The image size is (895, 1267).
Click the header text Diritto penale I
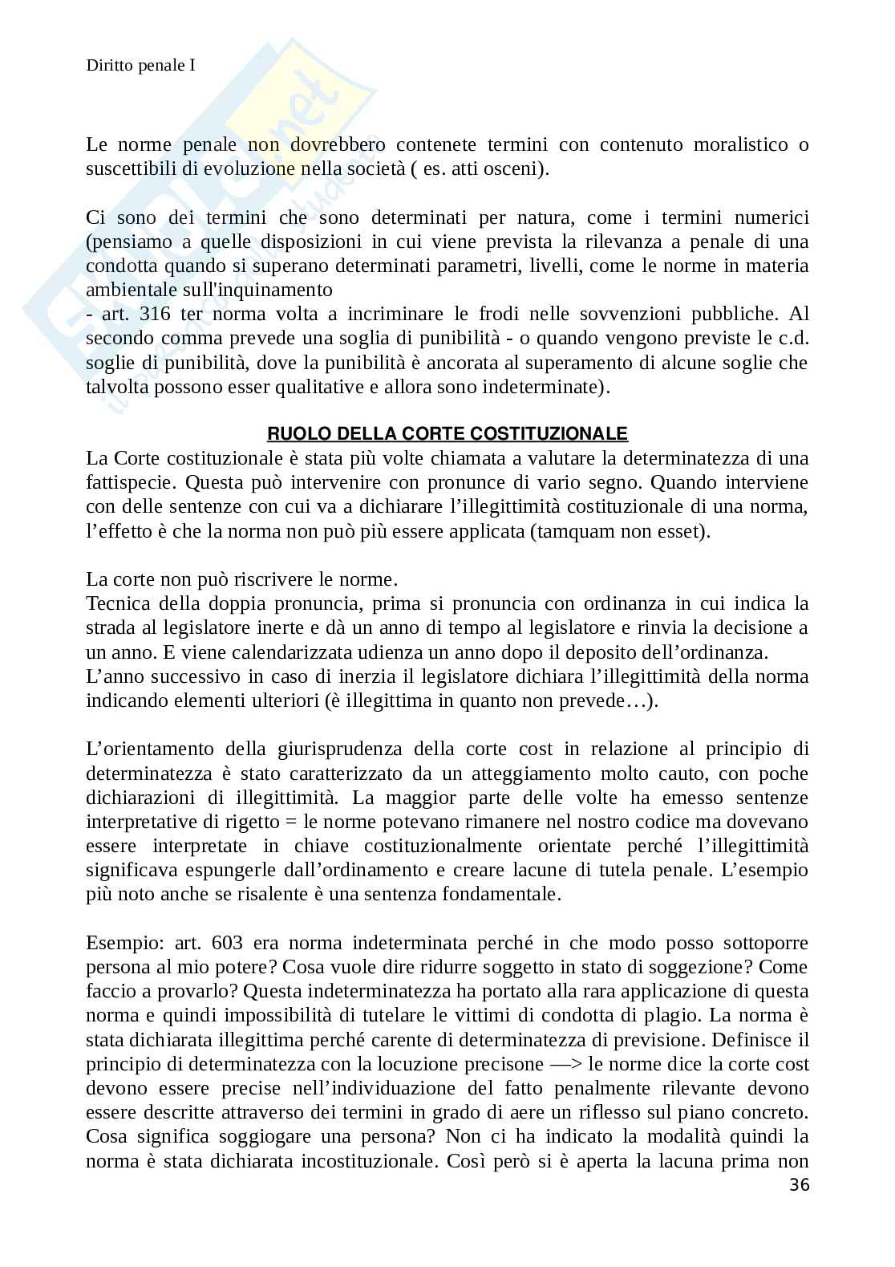click(140, 66)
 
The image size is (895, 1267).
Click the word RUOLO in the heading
click(293, 434)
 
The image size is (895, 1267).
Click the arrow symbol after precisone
click(570, 1064)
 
